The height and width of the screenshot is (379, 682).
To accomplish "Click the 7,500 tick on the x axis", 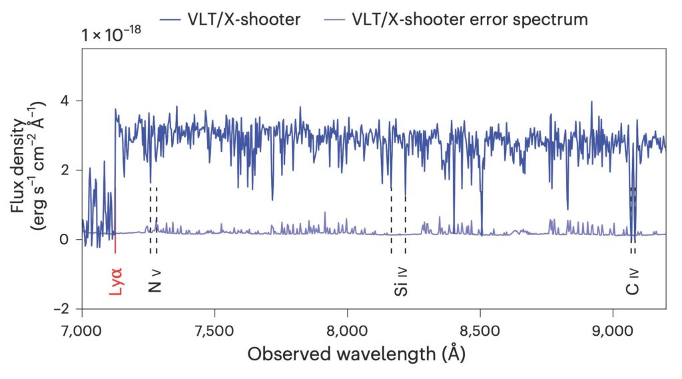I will [214, 329].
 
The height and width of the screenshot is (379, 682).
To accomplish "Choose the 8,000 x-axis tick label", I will [348, 329].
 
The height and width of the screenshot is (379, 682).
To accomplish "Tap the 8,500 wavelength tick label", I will [480, 329].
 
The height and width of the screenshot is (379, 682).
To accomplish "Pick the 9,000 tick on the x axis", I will [613, 329].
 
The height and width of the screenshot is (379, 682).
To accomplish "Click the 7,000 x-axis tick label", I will [82, 329].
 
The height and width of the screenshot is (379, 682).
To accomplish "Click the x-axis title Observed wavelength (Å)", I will [356, 354].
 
